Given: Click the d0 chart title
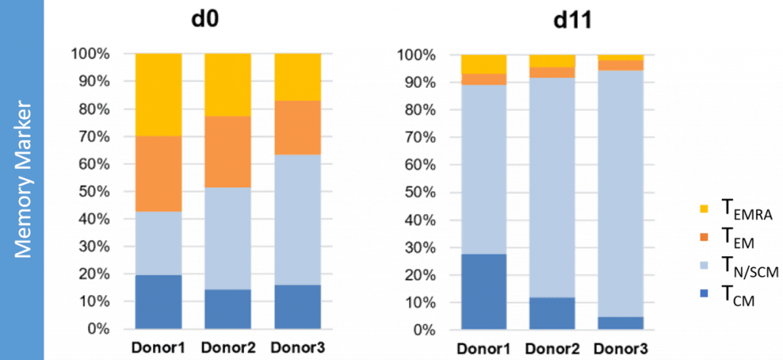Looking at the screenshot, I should point(204,18).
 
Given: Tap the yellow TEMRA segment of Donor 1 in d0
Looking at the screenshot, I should point(158,95).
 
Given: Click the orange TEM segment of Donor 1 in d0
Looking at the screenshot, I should point(158,174).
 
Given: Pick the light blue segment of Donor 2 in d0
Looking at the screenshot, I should point(227,238).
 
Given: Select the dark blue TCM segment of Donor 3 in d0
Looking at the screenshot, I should point(297,306).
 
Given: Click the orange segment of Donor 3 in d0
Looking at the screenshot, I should point(297,128).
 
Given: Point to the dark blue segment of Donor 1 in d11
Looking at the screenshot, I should point(482,291).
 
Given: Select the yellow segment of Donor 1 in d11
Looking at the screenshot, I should point(482,64).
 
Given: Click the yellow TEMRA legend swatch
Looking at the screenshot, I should point(703,209).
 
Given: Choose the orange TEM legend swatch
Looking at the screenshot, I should point(703,237).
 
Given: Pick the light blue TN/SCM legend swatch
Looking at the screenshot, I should point(703,265).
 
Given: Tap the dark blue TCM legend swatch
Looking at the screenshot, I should point(703,293).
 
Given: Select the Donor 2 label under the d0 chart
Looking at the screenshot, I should point(228,345).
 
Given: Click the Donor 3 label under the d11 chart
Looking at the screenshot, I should point(621,349).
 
